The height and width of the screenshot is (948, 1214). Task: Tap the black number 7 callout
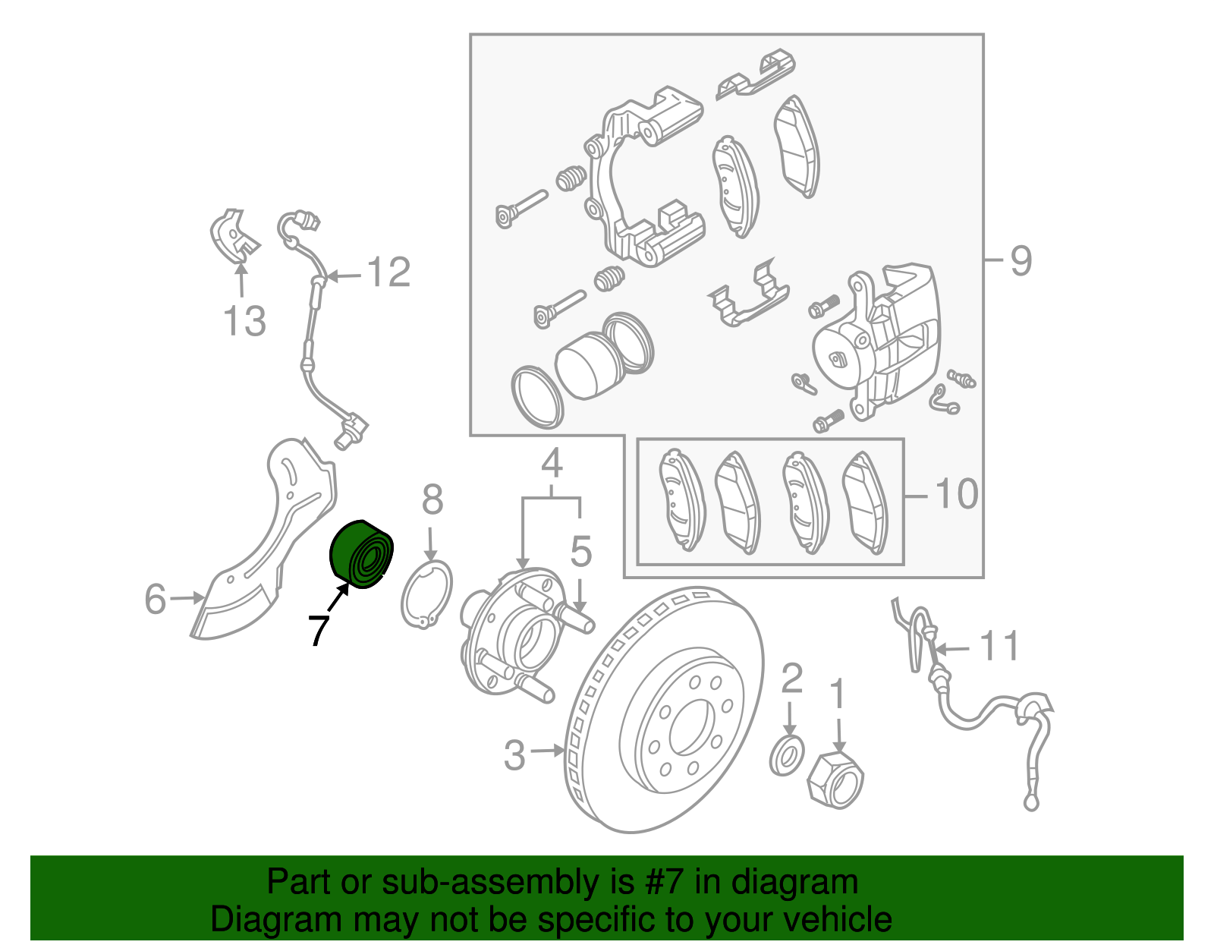click(x=319, y=630)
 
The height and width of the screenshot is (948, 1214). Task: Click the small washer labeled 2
click(x=787, y=754)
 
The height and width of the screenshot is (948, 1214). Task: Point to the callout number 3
click(x=514, y=755)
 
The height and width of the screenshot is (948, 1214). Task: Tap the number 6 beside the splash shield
click(x=156, y=599)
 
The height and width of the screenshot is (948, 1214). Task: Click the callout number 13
click(x=244, y=320)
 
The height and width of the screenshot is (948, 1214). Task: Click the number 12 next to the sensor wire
click(x=388, y=272)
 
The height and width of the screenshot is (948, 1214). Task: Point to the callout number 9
click(x=1021, y=260)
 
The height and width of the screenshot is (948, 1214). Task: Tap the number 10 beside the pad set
click(x=957, y=494)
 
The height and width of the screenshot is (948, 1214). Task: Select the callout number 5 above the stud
click(x=580, y=552)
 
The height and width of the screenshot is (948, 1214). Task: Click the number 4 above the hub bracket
click(x=552, y=462)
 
